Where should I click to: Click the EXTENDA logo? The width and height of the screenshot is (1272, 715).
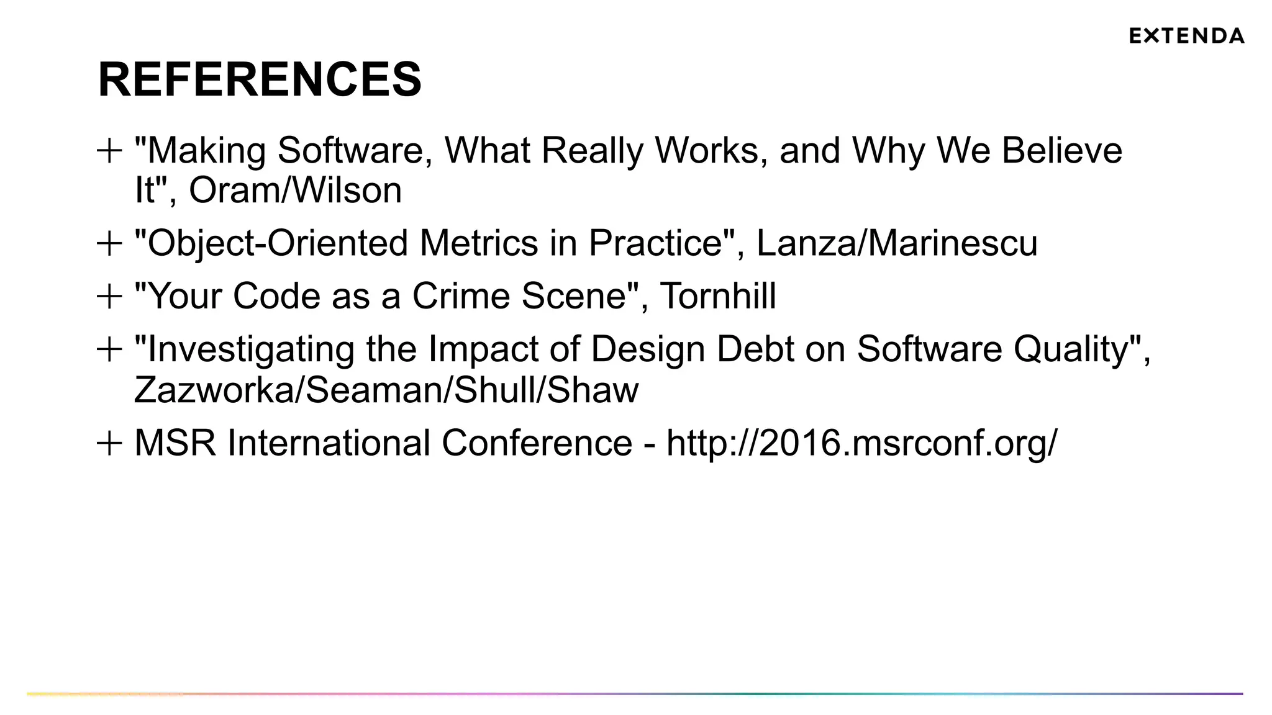click(x=1186, y=36)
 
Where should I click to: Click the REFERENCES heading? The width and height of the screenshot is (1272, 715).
click(x=260, y=79)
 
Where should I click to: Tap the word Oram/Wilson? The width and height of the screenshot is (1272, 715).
click(x=296, y=190)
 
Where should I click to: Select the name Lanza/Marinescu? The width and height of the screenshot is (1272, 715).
click(x=897, y=243)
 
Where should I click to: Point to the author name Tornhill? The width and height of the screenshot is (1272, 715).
click(x=717, y=296)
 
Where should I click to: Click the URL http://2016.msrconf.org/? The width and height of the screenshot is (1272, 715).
click(x=861, y=443)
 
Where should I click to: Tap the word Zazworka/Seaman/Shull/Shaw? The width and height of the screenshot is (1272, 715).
click(x=386, y=390)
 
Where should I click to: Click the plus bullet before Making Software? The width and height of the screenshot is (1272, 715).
click(x=109, y=151)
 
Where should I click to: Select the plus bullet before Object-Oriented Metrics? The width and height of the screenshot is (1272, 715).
click(x=109, y=243)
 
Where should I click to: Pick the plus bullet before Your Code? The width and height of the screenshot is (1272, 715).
click(x=109, y=296)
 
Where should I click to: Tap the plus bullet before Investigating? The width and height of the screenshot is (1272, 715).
click(x=109, y=349)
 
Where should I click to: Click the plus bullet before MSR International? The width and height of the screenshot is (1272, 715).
click(x=109, y=444)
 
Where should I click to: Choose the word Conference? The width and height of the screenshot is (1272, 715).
click(x=537, y=443)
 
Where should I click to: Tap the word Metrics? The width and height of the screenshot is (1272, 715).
click(x=479, y=243)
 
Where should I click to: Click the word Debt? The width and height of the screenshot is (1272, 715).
click(x=755, y=349)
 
